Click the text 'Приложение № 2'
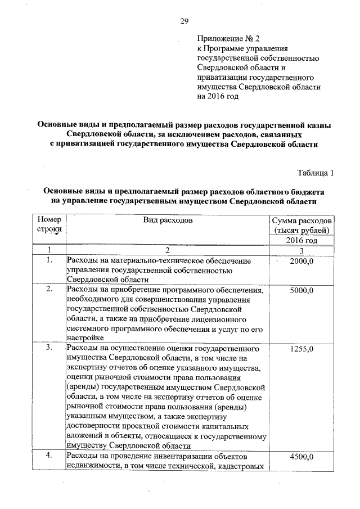tap(229, 39)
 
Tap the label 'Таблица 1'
tap(315, 173)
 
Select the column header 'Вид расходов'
tap(168, 220)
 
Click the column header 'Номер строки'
tap(49, 225)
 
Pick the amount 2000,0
tap(301, 262)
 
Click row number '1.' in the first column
tap(49, 260)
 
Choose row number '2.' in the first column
tap(49, 290)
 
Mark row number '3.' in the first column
tap(49, 348)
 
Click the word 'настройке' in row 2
tap(85, 338)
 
